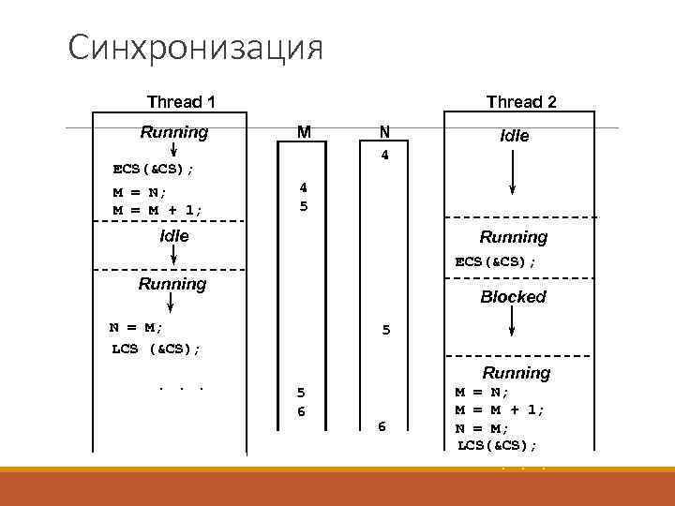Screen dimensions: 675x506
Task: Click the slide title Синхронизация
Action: [195, 47]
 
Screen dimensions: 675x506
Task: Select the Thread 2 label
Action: [520, 101]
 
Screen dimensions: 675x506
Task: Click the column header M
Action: [304, 132]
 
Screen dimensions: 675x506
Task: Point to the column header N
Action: [384, 132]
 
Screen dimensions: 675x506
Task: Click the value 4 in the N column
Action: [384, 156]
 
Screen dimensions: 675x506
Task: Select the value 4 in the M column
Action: [303, 187]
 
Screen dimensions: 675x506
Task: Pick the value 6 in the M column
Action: [302, 412]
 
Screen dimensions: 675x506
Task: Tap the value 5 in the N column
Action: [385, 330]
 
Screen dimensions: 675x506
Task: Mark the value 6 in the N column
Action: [382, 426]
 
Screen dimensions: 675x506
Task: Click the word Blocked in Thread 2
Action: [513, 296]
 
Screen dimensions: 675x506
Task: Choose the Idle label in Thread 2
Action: [515, 136]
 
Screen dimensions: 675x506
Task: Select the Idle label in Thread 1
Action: [174, 236]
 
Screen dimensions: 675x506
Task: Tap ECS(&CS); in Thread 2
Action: [496, 262]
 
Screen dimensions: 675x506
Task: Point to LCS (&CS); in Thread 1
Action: [155, 349]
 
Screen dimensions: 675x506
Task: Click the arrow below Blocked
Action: [512, 320]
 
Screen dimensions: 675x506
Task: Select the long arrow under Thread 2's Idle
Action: [512, 173]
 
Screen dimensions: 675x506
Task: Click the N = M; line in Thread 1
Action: [136, 327]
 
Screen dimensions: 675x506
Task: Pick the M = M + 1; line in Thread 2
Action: [500, 409]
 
